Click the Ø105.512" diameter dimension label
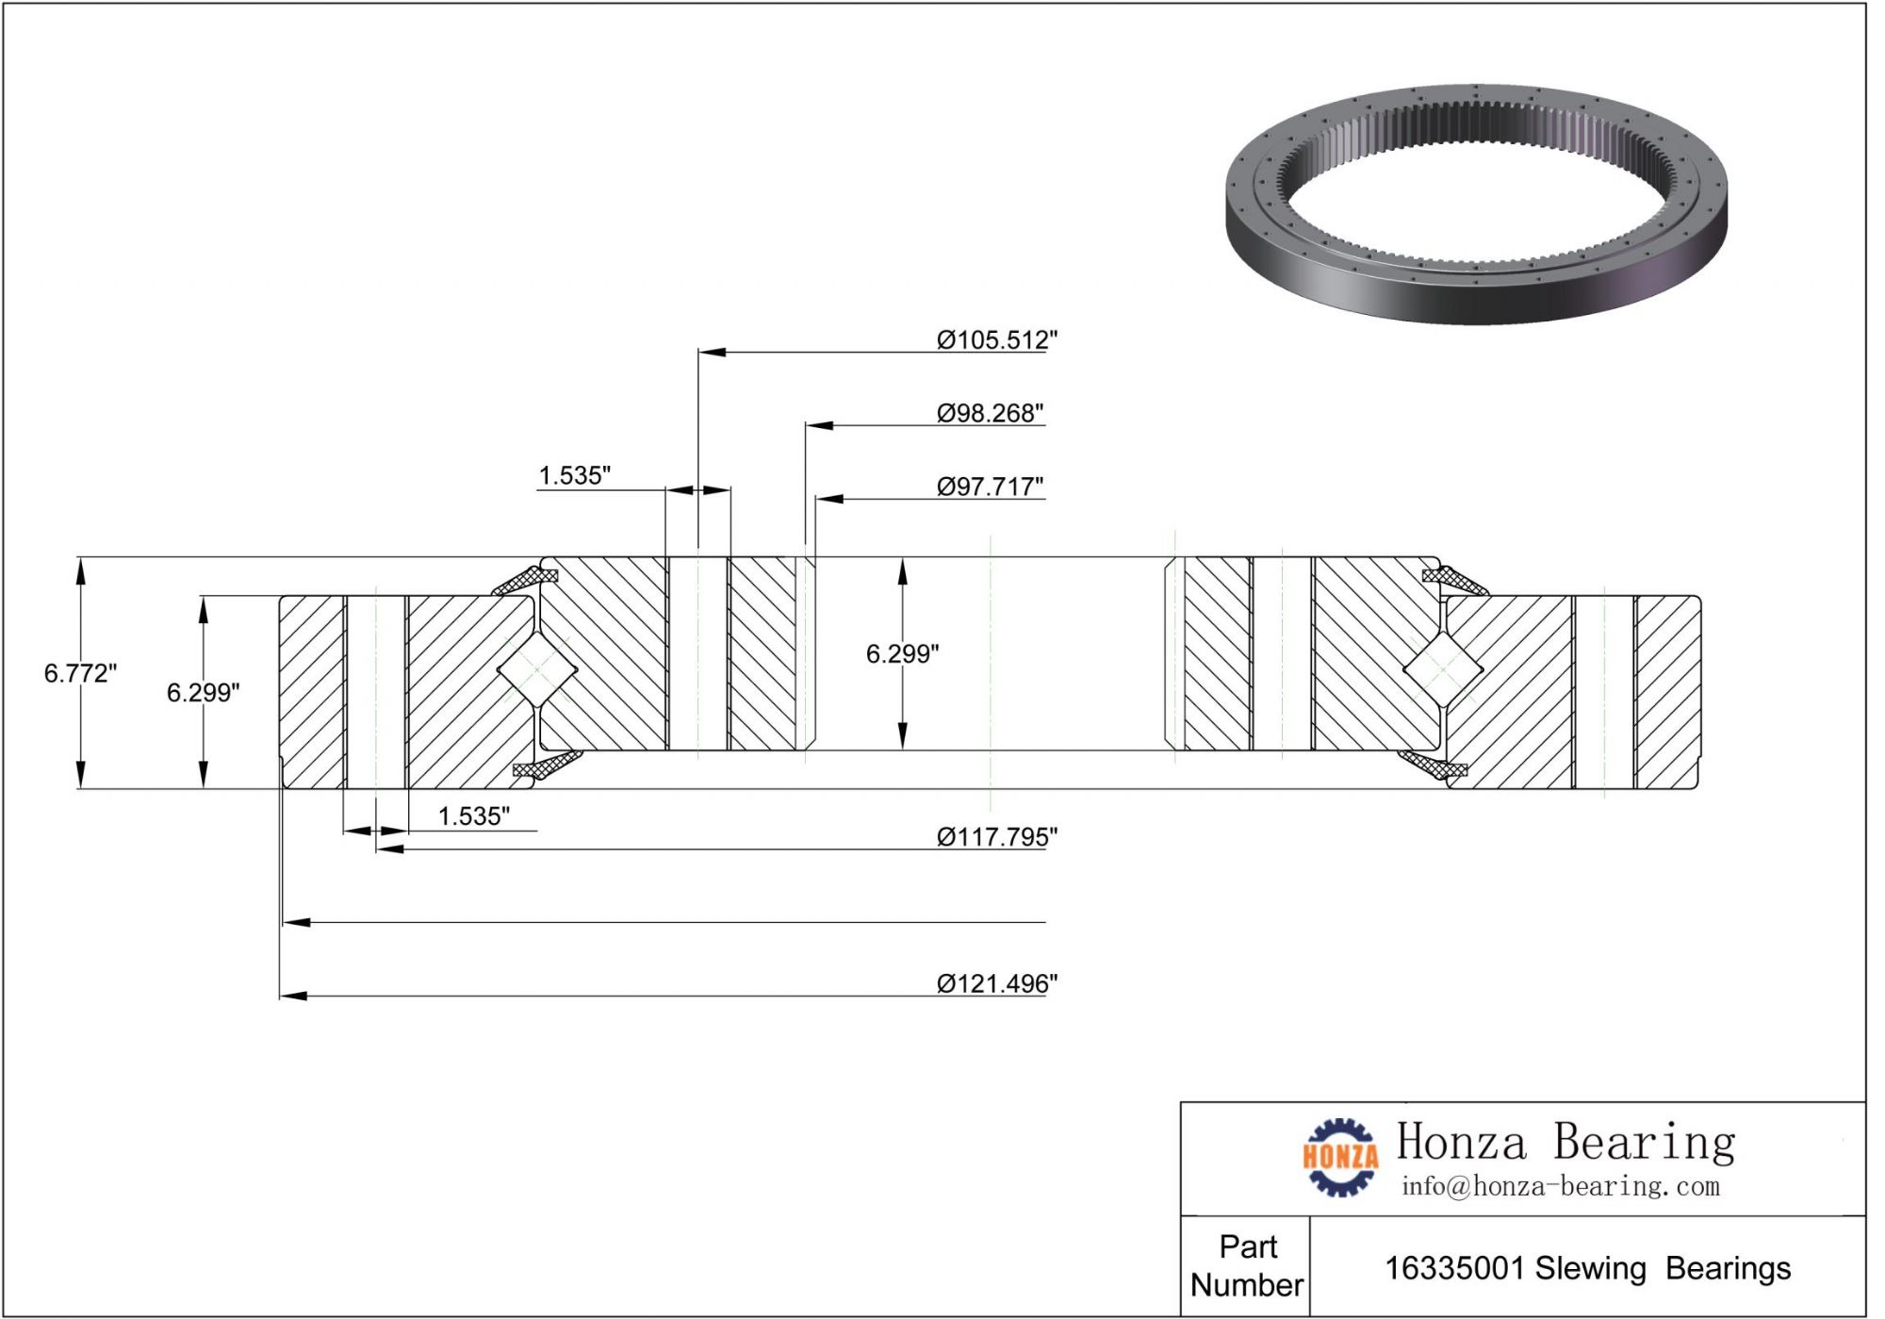point(996,339)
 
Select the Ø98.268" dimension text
point(990,413)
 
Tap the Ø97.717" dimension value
point(990,486)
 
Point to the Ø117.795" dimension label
point(996,836)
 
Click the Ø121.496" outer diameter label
point(996,983)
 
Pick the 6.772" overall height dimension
point(80,673)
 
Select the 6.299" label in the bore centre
point(902,653)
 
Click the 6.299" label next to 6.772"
point(203,693)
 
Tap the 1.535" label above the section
point(574,475)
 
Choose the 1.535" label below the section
point(473,816)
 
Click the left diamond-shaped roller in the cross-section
point(536,669)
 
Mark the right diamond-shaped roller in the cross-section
point(1442,669)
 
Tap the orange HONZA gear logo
point(1339,1157)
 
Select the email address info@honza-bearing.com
point(1560,1186)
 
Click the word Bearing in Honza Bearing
point(1644,1142)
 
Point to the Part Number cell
point(1246,1265)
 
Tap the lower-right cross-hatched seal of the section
point(1436,765)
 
